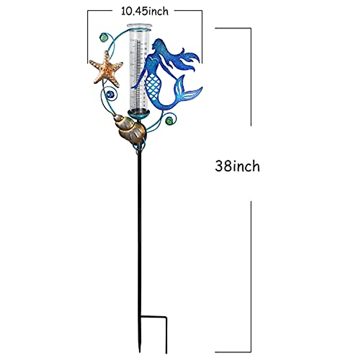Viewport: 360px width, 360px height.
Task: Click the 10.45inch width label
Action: click(145, 11)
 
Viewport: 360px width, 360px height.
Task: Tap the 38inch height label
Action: click(237, 166)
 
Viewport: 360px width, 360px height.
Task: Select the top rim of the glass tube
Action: click(138, 27)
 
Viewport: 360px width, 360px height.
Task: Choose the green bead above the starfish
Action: click(103, 38)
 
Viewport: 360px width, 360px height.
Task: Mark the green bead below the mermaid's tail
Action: click(169, 121)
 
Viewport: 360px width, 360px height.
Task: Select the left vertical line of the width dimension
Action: click(88, 36)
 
